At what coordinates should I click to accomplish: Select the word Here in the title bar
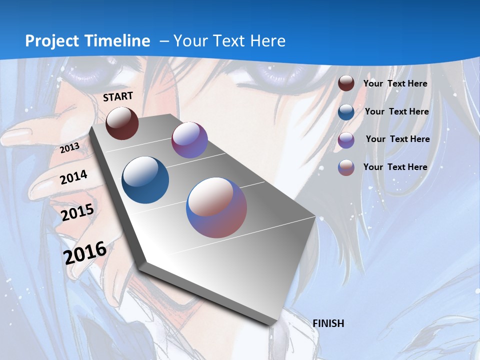(268, 41)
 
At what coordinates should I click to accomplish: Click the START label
(118, 96)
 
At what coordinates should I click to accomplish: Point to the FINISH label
(328, 323)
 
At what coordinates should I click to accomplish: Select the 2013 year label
(70, 148)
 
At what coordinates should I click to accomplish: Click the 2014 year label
(74, 177)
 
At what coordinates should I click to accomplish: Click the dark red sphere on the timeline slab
(122, 123)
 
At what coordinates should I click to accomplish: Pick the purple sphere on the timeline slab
(189, 140)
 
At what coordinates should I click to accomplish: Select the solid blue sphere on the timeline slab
(145, 180)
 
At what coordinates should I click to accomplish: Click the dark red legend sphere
(346, 83)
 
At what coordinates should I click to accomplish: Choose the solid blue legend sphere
(346, 111)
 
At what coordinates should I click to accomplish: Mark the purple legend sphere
(346, 139)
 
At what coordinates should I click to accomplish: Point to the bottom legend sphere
(346, 167)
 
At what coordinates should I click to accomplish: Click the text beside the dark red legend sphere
(395, 83)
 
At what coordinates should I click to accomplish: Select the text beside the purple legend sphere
(397, 139)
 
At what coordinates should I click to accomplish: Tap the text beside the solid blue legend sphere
(396, 111)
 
